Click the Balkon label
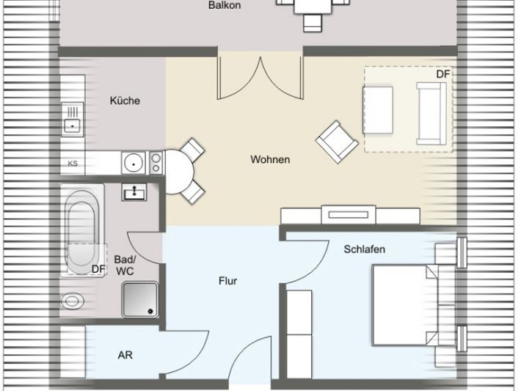click(225, 5)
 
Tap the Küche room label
click(125, 101)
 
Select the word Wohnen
click(270, 159)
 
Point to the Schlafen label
click(365, 249)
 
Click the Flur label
click(228, 281)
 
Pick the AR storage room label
click(125, 355)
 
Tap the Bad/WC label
click(125, 265)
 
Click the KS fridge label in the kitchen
click(73, 164)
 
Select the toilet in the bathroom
click(72, 302)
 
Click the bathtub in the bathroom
click(82, 229)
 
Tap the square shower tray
click(140, 299)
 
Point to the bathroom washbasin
click(134, 191)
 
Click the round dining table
click(179, 172)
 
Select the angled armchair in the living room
click(337, 142)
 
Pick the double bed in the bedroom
click(405, 305)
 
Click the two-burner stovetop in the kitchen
click(156, 162)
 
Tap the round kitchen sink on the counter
click(134, 163)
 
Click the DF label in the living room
click(442, 74)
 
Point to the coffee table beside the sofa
click(378, 110)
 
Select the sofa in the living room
click(431, 114)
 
